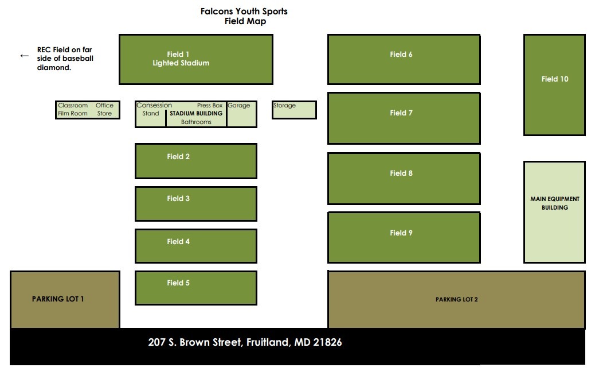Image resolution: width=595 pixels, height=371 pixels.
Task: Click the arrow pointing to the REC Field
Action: point(24,56)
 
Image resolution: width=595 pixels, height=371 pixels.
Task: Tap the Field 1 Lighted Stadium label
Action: point(181,59)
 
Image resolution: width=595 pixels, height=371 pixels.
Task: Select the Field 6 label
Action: point(401,55)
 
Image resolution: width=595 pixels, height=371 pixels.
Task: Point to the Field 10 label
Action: point(555,79)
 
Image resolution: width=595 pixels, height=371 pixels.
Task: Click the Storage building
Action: point(294,110)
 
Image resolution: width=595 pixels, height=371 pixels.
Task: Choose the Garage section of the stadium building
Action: point(242,114)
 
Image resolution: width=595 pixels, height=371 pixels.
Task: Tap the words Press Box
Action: point(210,105)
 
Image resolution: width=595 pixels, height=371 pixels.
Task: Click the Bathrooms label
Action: point(196,122)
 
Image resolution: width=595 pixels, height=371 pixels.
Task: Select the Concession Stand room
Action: point(151,114)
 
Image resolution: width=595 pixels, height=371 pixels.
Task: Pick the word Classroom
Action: point(73,105)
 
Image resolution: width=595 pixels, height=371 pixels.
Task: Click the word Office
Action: point(104,105)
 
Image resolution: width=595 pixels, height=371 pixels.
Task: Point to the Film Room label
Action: point(73,113)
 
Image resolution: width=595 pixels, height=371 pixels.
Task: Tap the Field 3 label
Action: point(178,199)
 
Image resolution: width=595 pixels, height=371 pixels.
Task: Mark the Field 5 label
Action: point(178,283)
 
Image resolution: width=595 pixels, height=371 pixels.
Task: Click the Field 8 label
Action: point(401,173)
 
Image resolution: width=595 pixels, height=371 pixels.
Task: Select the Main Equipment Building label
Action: point(555,203)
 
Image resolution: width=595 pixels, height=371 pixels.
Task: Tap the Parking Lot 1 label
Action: point(58,299)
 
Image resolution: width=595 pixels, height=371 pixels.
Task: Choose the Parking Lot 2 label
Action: point(456,300)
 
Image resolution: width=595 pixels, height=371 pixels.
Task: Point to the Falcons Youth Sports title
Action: point(244,11)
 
